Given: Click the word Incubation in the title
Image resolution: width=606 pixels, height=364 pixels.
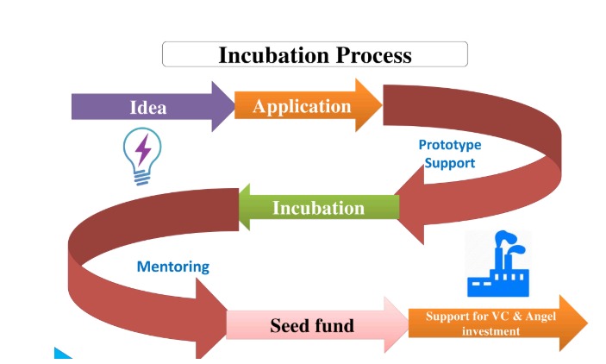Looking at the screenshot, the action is pyautogui.click(x=274, y=55).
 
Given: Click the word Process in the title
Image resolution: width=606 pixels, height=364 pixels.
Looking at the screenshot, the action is pyautogui.click(x=374, y=55).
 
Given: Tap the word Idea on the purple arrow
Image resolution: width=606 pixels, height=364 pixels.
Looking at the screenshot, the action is pyautogui.click(x=148, y=108).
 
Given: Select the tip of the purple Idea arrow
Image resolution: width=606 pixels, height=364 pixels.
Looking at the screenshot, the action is pyautogui.click(x=234, y=106).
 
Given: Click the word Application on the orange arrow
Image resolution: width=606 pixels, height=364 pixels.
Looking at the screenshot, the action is pyautogui.click(x=302, y=106).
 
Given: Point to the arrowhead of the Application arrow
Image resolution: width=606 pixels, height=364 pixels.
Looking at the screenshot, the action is pyautogui.click(x=382, y=105).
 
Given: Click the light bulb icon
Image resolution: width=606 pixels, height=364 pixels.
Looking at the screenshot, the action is pyautogui.click(x=142, y=156).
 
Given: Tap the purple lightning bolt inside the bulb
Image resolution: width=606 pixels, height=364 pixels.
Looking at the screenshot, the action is pyautogui.click(x=143, y=150).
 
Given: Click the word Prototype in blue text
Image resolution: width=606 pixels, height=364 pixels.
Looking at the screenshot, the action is pyautogui.click(x=450, y=145).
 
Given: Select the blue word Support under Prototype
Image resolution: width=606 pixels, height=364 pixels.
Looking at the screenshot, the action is pyautogui.click(x=450, y=163).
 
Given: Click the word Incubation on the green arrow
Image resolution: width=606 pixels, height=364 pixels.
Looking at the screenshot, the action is pyautogui.click(x=318, y=208).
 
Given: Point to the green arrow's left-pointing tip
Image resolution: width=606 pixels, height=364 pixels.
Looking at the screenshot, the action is pyautogui.click(x=240, y=207).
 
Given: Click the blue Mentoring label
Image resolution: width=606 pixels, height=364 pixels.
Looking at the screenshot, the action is pyautogui.click(x=173, y=267).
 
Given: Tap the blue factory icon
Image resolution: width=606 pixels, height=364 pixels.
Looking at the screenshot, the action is pyautogui.click(x=498, y=264).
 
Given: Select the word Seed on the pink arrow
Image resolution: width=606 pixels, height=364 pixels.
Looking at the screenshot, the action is pyautogui.click(x=289, y=325).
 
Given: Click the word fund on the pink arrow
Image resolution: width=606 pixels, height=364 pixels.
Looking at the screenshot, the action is pyautogui.click(x=334, y=325).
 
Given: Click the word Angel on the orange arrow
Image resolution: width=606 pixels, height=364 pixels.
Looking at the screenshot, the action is pyautogui.click(x=540, y=317).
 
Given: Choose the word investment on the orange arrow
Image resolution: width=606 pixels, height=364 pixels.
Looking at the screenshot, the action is pyautogui.click(x=490, y=331).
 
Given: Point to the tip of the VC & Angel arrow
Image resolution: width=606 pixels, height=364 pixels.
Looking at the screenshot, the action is pyautogui.click(x=587, y=323).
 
